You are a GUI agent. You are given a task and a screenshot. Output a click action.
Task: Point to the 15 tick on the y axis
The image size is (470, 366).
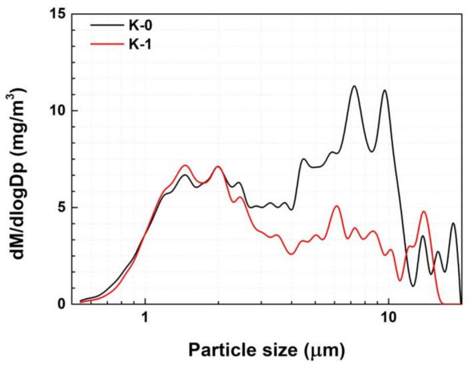click(59, 14)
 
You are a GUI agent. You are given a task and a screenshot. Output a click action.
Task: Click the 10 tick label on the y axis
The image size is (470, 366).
click(59, 111)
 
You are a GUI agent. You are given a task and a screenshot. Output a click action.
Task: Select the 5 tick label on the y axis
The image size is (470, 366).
click(63, 207)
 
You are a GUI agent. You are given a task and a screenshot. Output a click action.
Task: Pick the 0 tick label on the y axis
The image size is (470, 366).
click(63, 304)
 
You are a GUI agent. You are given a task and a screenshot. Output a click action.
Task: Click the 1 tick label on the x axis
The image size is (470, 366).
click(145, 319)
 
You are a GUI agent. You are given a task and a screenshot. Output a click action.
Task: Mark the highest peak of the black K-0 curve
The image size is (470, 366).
click(354, 86)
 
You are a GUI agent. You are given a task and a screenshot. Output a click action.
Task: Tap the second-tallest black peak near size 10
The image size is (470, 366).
click(385, 91)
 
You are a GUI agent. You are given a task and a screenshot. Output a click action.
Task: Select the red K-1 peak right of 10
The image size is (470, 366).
click(423, 212)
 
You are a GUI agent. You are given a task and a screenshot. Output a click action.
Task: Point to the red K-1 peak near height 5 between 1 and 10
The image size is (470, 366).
click(337, 206)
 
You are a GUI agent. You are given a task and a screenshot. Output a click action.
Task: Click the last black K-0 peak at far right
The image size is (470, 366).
click(453, 223)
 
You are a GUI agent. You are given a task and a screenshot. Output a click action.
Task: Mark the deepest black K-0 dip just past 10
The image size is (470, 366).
click(413, 286)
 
